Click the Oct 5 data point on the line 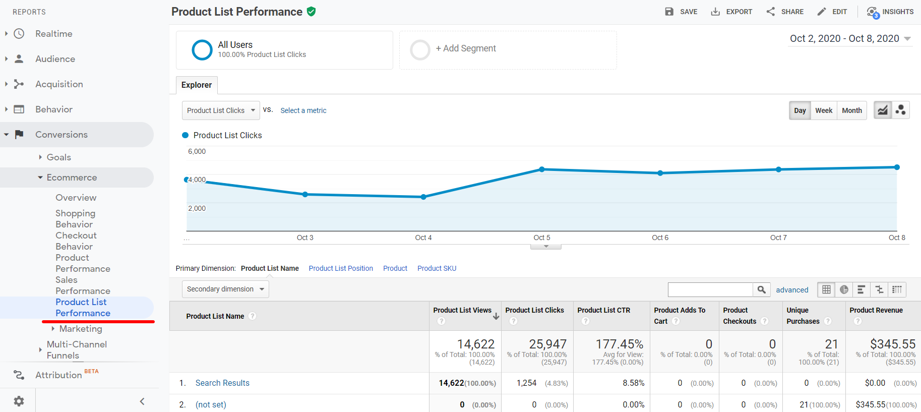pos(542,169)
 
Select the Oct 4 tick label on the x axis pos(423,238)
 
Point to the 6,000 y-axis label pos(197,151)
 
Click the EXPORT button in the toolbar pos(731,12)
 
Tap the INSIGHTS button pos(890,12)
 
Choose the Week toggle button pos(824,110)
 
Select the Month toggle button pos(852,110)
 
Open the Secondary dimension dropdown pos(225,289)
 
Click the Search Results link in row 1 pos(222,383)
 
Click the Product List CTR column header pos(603,310)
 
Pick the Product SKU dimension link pos(437,268)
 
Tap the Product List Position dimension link pos(341,268)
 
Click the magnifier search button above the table pos(762,289)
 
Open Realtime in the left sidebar pos(53,34)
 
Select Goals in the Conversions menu pos(58,157)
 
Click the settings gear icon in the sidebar pos(19,401)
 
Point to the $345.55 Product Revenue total pos(892,344)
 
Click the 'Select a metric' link pos(303,110)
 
